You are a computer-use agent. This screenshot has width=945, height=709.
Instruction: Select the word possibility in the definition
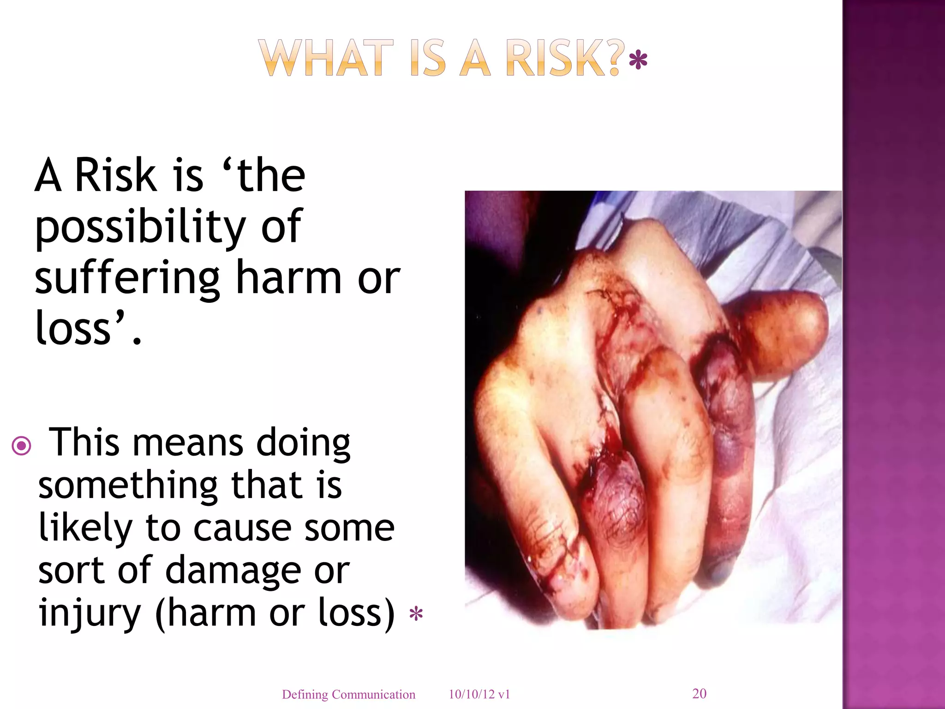pyautogui.click(x=140, y=227)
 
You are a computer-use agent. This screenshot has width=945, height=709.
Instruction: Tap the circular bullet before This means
pyautogui.click(x=22, y=446)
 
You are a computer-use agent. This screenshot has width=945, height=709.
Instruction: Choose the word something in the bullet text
pyautogui.click(x=128, y=487)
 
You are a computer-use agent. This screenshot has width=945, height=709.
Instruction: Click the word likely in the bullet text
pyautogui.click(x=86, y=528)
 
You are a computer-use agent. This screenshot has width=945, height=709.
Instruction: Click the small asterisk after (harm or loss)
pyautogui.click(x=416, y=615)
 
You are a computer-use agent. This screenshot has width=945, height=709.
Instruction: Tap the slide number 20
pyautogui.click(x=699, y=693)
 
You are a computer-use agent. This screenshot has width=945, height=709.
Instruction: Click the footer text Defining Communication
pyautogui.click(x=348, y=694)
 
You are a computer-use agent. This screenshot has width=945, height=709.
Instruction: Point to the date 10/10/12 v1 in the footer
pyautogui.click(x=479, y=694)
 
